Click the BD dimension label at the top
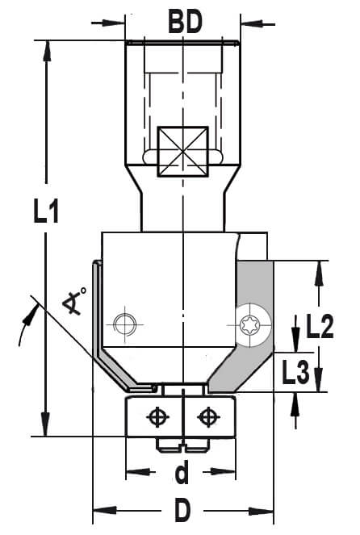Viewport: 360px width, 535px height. tap(185, 22)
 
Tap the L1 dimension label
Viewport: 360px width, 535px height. tap(46, 211)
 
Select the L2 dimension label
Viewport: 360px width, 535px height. tap(320, 327)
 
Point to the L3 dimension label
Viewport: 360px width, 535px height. tap(295, 371)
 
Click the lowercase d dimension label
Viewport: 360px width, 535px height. tap(182, 471)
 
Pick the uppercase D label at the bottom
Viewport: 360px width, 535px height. tap(182, 510)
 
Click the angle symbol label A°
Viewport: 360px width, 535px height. tap(74, 300)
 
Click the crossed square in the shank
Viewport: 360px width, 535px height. tap(183, 152)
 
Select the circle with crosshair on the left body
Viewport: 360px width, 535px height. tap(125, 324)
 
